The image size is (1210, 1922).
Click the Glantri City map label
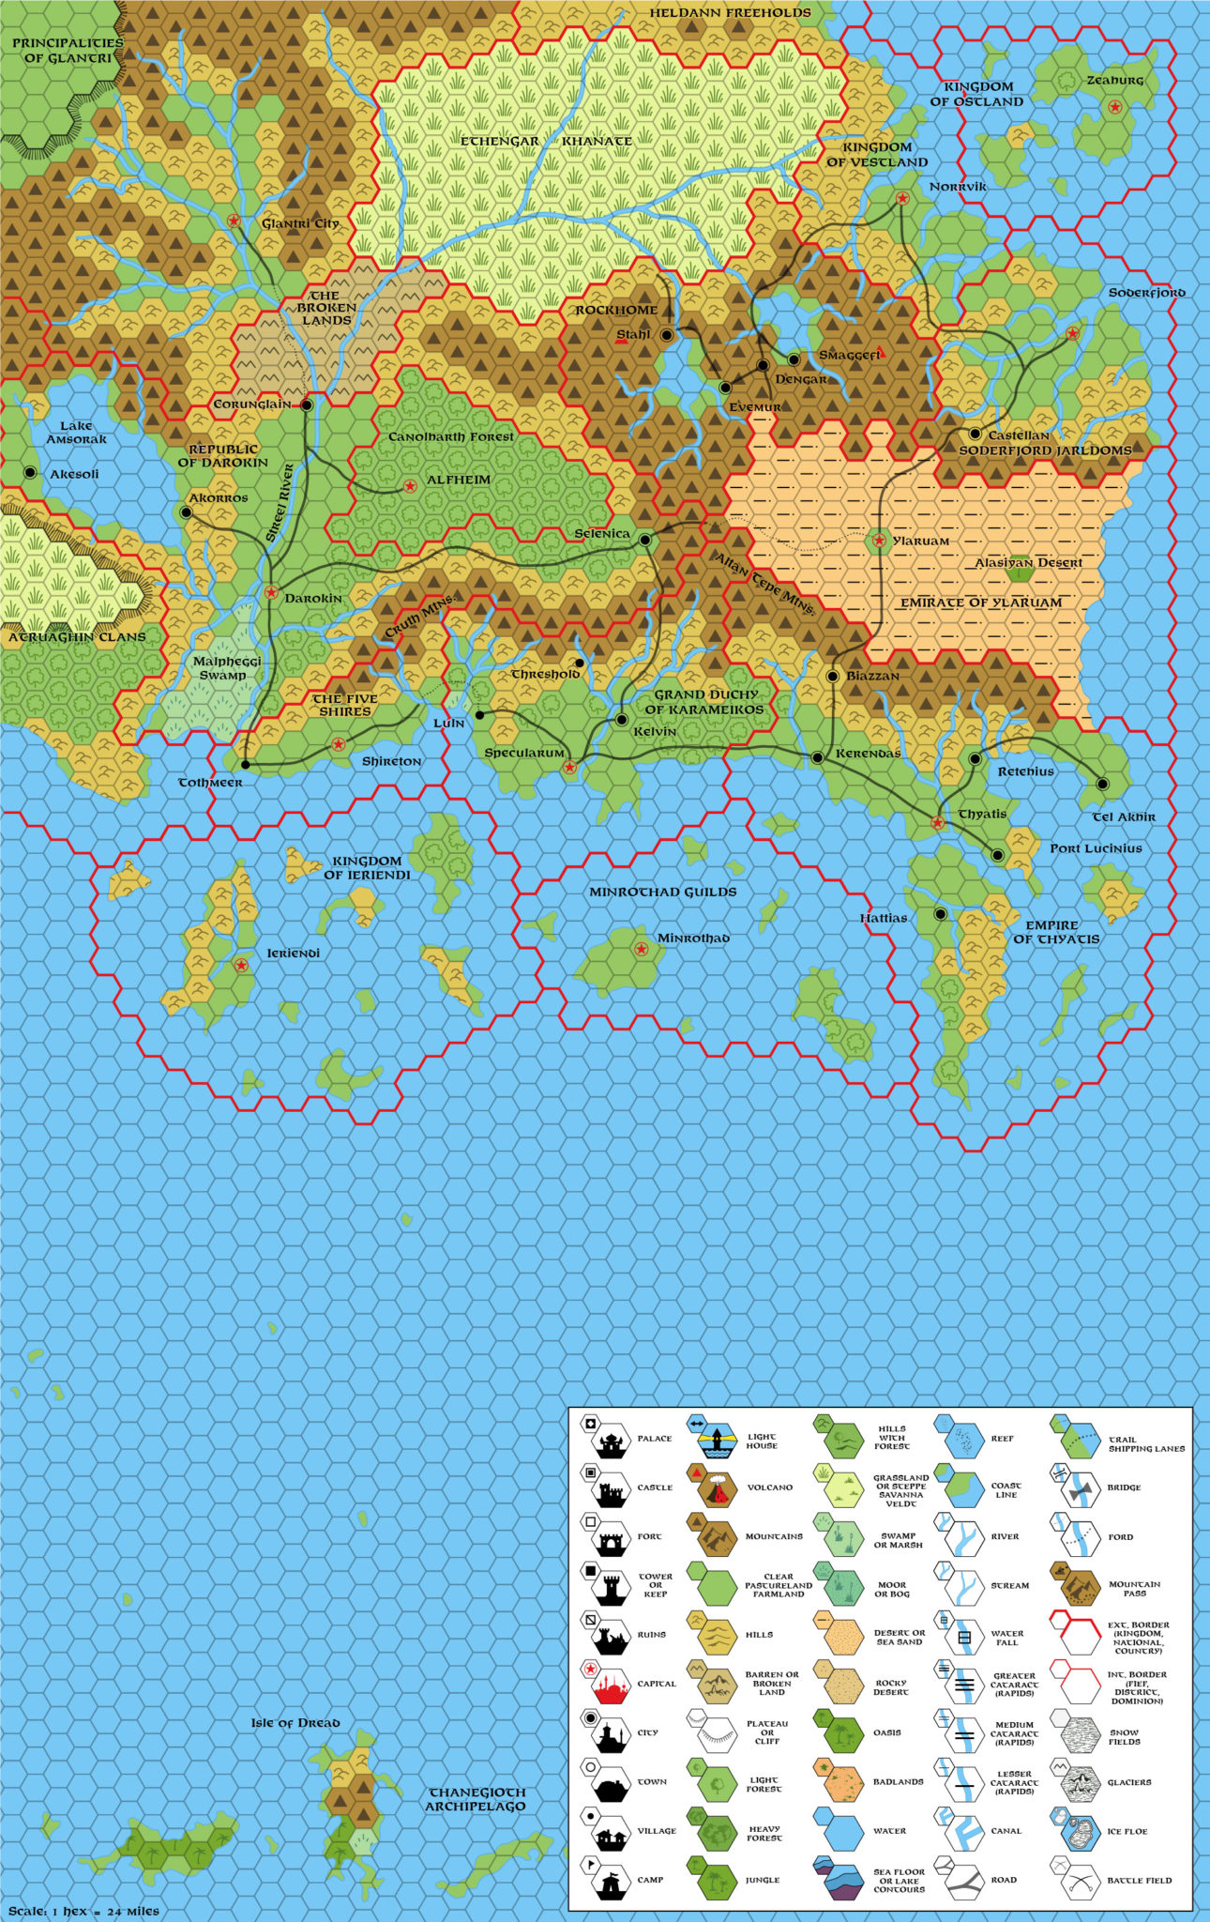point(300,224)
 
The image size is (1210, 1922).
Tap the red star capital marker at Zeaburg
point(1114,108)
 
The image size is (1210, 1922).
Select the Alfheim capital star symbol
point(410,486)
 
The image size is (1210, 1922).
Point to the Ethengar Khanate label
point(546,142)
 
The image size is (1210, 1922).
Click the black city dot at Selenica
point(645,540)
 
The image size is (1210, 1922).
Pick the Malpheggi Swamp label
point(222,668)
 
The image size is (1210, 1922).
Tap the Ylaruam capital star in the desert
point(879,540)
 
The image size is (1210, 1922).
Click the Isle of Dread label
point(295,1723)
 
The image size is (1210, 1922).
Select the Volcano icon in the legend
point(711,1487)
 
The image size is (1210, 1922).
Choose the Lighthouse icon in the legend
point(711,1438)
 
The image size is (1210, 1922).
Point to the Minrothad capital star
point(642,949)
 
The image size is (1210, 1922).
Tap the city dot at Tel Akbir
point(1103,785)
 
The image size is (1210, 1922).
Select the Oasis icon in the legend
point(837,1732)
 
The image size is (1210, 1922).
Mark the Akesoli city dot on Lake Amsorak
point(31,472)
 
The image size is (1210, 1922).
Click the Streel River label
point(280,504)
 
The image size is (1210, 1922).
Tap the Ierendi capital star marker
point(241,965)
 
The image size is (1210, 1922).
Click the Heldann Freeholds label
point(730,13)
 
